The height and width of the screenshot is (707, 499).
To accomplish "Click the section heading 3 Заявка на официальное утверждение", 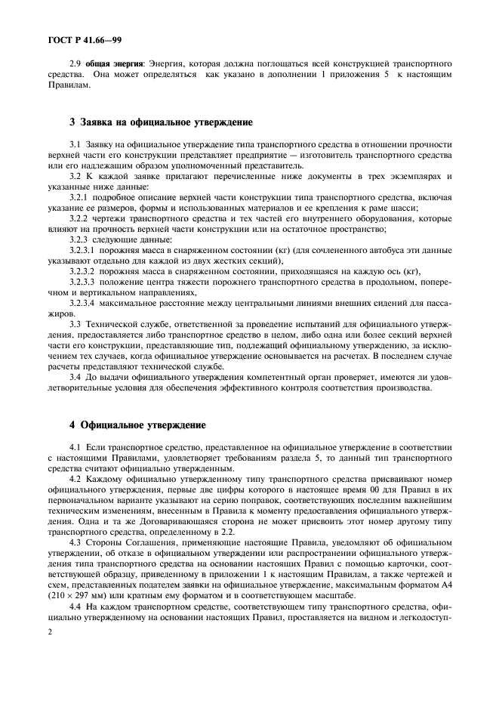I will (x=160, y=122).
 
